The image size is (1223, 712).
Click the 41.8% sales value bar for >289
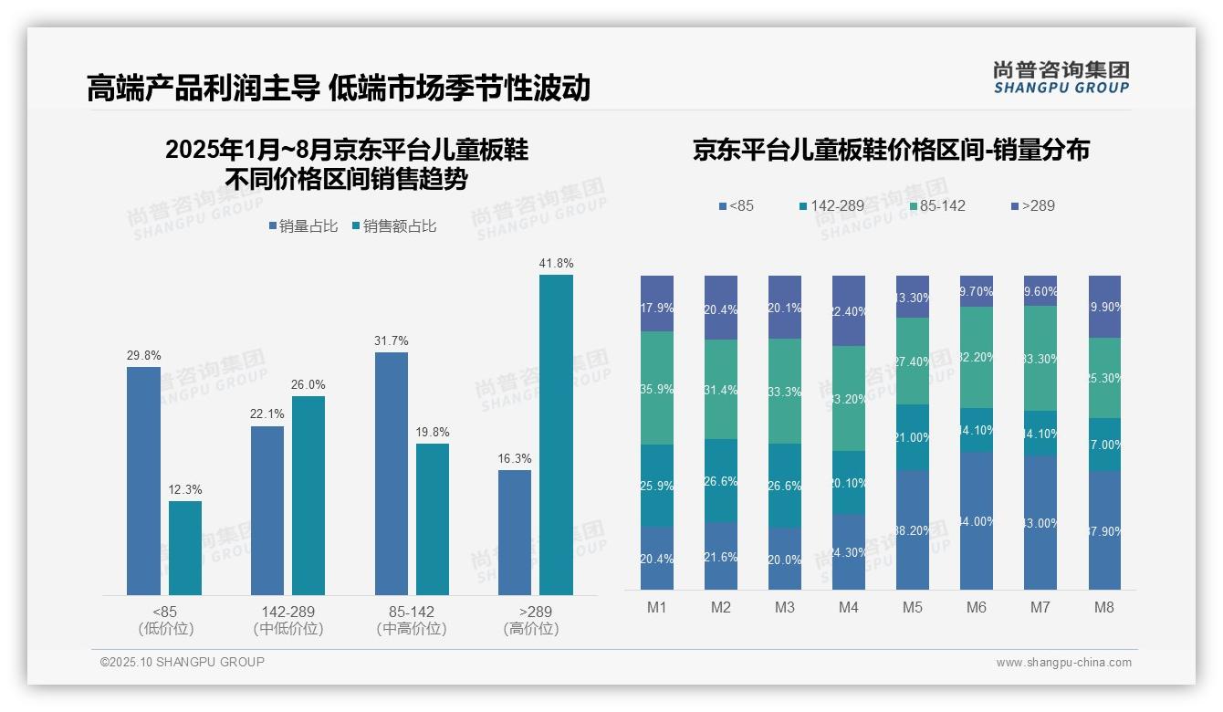[556, 435]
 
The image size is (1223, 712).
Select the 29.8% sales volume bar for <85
[143, 481]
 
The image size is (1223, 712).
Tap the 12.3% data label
[185, 490]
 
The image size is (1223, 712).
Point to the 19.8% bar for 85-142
[433, 519]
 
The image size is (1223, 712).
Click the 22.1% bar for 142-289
[267, 510]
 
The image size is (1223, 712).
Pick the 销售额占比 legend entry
[393, 226]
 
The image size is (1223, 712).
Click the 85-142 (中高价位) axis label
[411, 620]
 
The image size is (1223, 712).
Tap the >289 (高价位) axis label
[530, 620]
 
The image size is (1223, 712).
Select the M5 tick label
[912, 607]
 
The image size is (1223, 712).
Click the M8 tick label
[1103, 607]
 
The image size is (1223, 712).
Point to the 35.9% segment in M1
[657, 388]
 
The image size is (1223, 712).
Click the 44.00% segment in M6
[976, 520]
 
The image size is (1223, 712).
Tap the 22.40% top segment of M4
[848, 310]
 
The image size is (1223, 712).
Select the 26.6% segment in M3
[784, 486]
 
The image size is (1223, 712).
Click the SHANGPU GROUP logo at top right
[1061, 78]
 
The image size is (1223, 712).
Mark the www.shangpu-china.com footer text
[1063, 663]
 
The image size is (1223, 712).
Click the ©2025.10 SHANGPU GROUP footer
[183, 662]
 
